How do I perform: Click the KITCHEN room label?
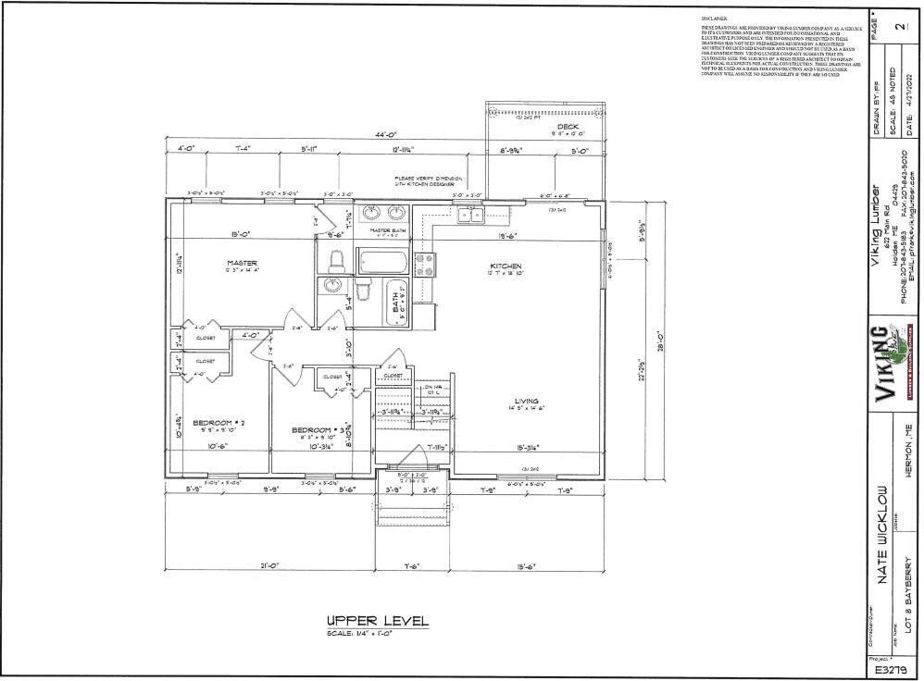(506, 266)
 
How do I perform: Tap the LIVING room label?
(526, 401)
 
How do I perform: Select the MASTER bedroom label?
(241, 263)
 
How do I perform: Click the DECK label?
(568, 127)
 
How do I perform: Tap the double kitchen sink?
(468, 216)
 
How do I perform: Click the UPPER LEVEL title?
(377, 621)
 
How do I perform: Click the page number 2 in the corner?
(898, 27)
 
